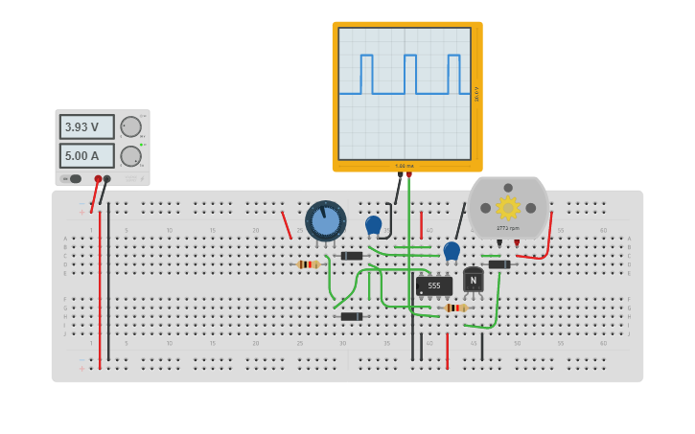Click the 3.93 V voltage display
click(x=86, y=126)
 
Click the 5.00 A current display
click(x=86, y=155)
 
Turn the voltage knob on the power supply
click(x=130, y=126)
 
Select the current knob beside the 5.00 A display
click(x=130, y=156)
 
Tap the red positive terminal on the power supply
click(x=98, y=179)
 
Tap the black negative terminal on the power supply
click(x=107, y=179)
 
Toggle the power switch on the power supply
click(x=73, y=178)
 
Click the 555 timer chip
click(x=434, y=286)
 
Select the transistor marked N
click(x=473, y=280)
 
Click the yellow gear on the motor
click(x=507, y=207)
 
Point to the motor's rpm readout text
click(x=507, y=228)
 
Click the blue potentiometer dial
click(x=326, y=220)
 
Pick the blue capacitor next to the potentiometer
click(x=373, y=224)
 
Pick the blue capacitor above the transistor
click(x=452, y=250)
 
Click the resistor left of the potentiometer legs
click(x=308, y=264)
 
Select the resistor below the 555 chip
click(x=454, y=308)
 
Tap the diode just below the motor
click(x=498, y=264)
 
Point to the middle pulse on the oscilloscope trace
click(x=410, y=74)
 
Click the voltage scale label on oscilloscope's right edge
click(x=476, y=94)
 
